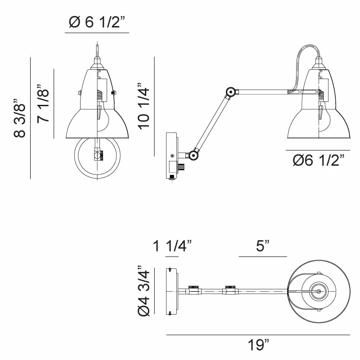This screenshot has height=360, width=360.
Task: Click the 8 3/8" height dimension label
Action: coord(19,118)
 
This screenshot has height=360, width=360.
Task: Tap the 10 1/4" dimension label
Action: coord(144,106)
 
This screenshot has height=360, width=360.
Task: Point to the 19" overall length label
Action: coord(258,346)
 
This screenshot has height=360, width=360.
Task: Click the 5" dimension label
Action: coord(263,246)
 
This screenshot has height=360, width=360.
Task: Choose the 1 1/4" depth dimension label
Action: coord(172,246)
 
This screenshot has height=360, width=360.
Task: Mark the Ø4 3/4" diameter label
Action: coord(143,291)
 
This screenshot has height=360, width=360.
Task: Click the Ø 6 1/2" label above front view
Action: coord(97,22)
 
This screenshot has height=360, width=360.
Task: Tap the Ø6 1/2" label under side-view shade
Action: coord(319,160)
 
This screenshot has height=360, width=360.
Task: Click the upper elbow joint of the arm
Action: coord(231,92)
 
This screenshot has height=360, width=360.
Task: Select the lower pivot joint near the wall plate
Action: coord(193,155)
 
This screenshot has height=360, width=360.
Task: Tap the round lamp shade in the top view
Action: coord(318,291)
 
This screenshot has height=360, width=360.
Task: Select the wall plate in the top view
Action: coord(172,291)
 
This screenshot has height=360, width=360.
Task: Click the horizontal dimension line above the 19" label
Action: coord(258,335)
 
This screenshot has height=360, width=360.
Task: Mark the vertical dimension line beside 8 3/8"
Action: coord(30,118)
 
